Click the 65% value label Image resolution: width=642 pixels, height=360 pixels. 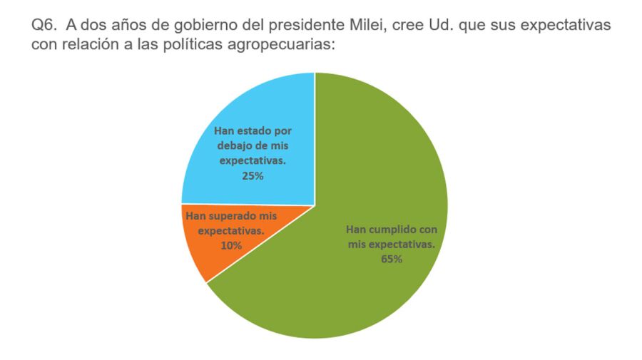pos(392,259)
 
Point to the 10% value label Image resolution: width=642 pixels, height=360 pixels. pos(230,245)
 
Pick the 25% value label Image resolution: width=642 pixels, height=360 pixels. pos(253,175)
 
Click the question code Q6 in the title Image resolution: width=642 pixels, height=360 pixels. pos(44,26)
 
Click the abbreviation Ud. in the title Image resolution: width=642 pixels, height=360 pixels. pos(469,26)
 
